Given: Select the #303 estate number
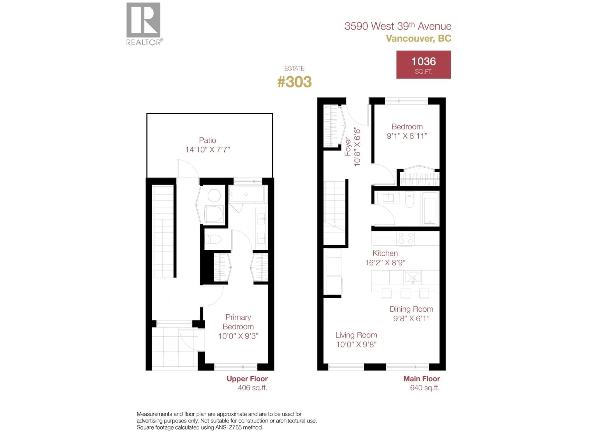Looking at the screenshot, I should pos(294,82).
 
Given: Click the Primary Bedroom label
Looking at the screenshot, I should pos(238,322).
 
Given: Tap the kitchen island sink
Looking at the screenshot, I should pos(412,277).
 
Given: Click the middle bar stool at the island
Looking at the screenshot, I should pos(405,293).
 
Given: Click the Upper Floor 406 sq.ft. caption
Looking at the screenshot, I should pos(247,383).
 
